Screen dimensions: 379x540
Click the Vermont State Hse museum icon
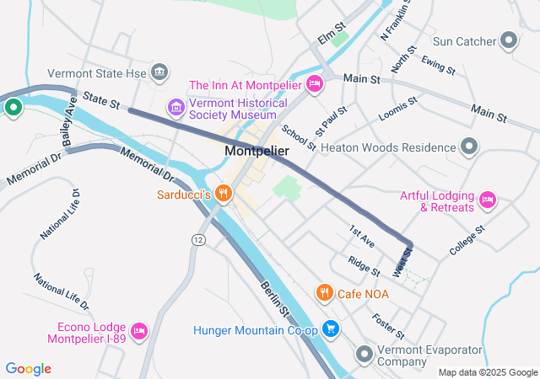coord(159,73)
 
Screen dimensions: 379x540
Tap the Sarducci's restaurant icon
coord(224,193)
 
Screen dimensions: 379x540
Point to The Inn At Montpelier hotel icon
coord(314,83)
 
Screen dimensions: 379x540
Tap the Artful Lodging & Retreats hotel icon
coord(487,200)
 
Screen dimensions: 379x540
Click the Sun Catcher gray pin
coord(509,40)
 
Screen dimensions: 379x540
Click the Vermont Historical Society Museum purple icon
coord(175,107)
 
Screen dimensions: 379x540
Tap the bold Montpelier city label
coord(257,151)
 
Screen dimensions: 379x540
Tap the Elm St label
coord(327,38)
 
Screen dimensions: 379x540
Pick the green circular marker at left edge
coord(13,107)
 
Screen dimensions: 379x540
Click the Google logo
coord(29,368)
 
